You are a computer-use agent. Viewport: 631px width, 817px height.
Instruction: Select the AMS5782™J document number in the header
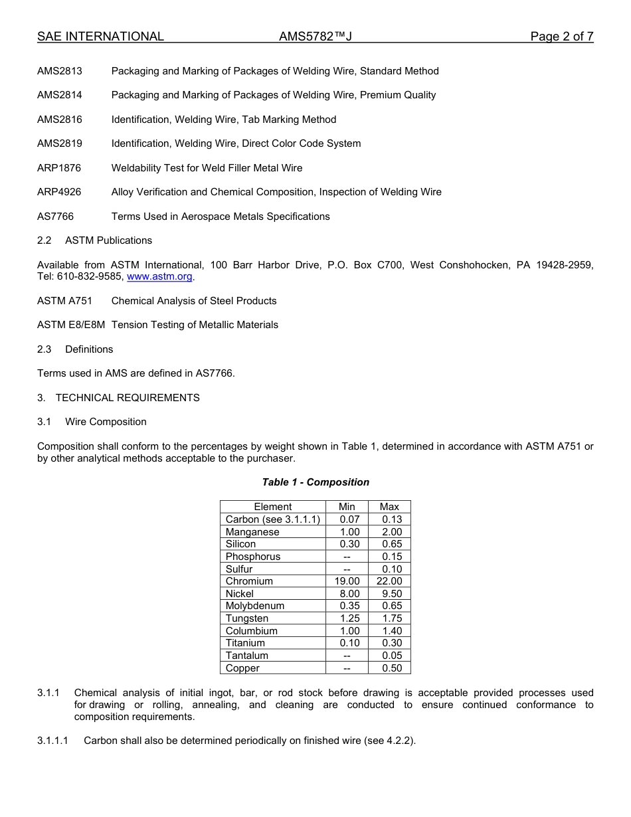(315, 37)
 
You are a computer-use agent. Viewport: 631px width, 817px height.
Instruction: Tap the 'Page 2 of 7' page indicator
(561, 37)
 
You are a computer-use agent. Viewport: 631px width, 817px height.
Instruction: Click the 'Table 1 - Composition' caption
(315, 482)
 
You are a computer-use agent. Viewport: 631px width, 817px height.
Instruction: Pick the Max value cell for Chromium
(389, 581)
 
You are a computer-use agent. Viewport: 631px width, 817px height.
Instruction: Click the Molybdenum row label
(255, 606)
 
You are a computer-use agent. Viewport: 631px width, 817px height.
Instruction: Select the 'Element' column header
(272, 507)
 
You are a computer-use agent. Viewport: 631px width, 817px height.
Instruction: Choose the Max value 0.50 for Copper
(392, 668)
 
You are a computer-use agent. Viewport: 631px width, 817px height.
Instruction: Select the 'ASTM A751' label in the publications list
(64, 301)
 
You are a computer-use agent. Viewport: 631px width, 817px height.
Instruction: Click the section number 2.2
(44, 240)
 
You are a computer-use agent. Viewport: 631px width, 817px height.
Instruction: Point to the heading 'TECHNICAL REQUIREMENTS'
(128, 398)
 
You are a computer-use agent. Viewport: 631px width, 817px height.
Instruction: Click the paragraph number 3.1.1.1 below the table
(56, 741)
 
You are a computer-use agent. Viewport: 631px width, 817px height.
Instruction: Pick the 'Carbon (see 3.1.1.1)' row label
(273, 519)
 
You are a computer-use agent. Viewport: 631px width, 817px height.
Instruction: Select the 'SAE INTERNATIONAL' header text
(100, 37)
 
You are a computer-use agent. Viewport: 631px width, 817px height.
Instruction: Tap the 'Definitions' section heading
(89, 349)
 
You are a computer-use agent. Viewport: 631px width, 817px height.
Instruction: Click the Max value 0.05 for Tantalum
(392, 656)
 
